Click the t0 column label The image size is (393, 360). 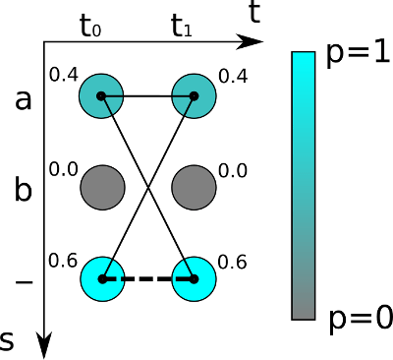pyautogui.click(x=90, y=27)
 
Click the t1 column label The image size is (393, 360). pyautogui.click(x=182, y=27)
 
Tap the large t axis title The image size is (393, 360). pyautogui.click(x=254, y=13)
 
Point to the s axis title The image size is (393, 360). pyautogui.click(x=7, y=341)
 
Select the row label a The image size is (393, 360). pyautogui.click(x=24, y=100)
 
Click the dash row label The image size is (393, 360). pyautogui.click(x=24, y=281)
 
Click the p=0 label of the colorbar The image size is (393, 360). pyautogui.click(x=361, y=319)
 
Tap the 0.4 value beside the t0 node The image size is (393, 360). pyautogui.click(x=64, y=75)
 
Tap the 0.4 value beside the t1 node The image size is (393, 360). pyautogui.click(x=233, y=77)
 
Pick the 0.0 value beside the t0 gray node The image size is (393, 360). pyautogui.click(x=64, y=169)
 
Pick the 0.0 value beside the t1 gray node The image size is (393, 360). pyautogui.click(x=233, y=171)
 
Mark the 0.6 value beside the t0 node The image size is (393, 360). pyautogui.click(x=63, y=261)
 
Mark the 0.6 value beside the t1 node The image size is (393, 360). pyautogui.click(x=232, y=263)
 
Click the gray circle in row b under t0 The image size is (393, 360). pyautogui.click(x=102, y=187)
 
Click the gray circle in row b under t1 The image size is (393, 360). pyautogui.click(x=194, y=187)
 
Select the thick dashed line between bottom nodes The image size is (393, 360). pyautogui.click(x=148, y=279)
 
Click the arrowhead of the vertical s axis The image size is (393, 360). pyautogui.click(x=43, y=345)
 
